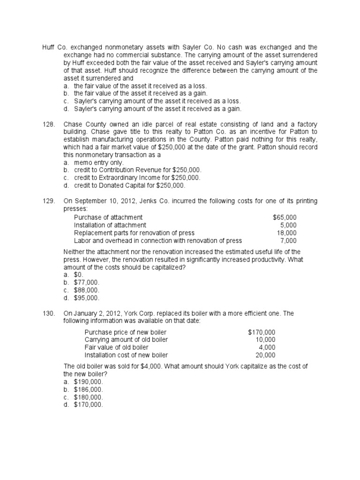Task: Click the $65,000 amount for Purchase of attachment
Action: (x=285, y=217)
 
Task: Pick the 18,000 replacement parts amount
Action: (x=286, y=233)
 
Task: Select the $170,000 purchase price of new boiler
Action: (x=262, y=332)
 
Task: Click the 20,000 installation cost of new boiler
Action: (x=265, y=355)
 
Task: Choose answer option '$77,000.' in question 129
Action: (x=87, y=283)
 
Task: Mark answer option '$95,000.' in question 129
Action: (x=87, y=298)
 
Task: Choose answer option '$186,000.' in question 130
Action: (x=88, y=390)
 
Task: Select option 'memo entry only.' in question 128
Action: (x=99, y=163)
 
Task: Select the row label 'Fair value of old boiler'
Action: (x=116, y=347)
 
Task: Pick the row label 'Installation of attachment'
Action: (x=110, y=225)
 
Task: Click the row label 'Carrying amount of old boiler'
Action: (x=126, y=340)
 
